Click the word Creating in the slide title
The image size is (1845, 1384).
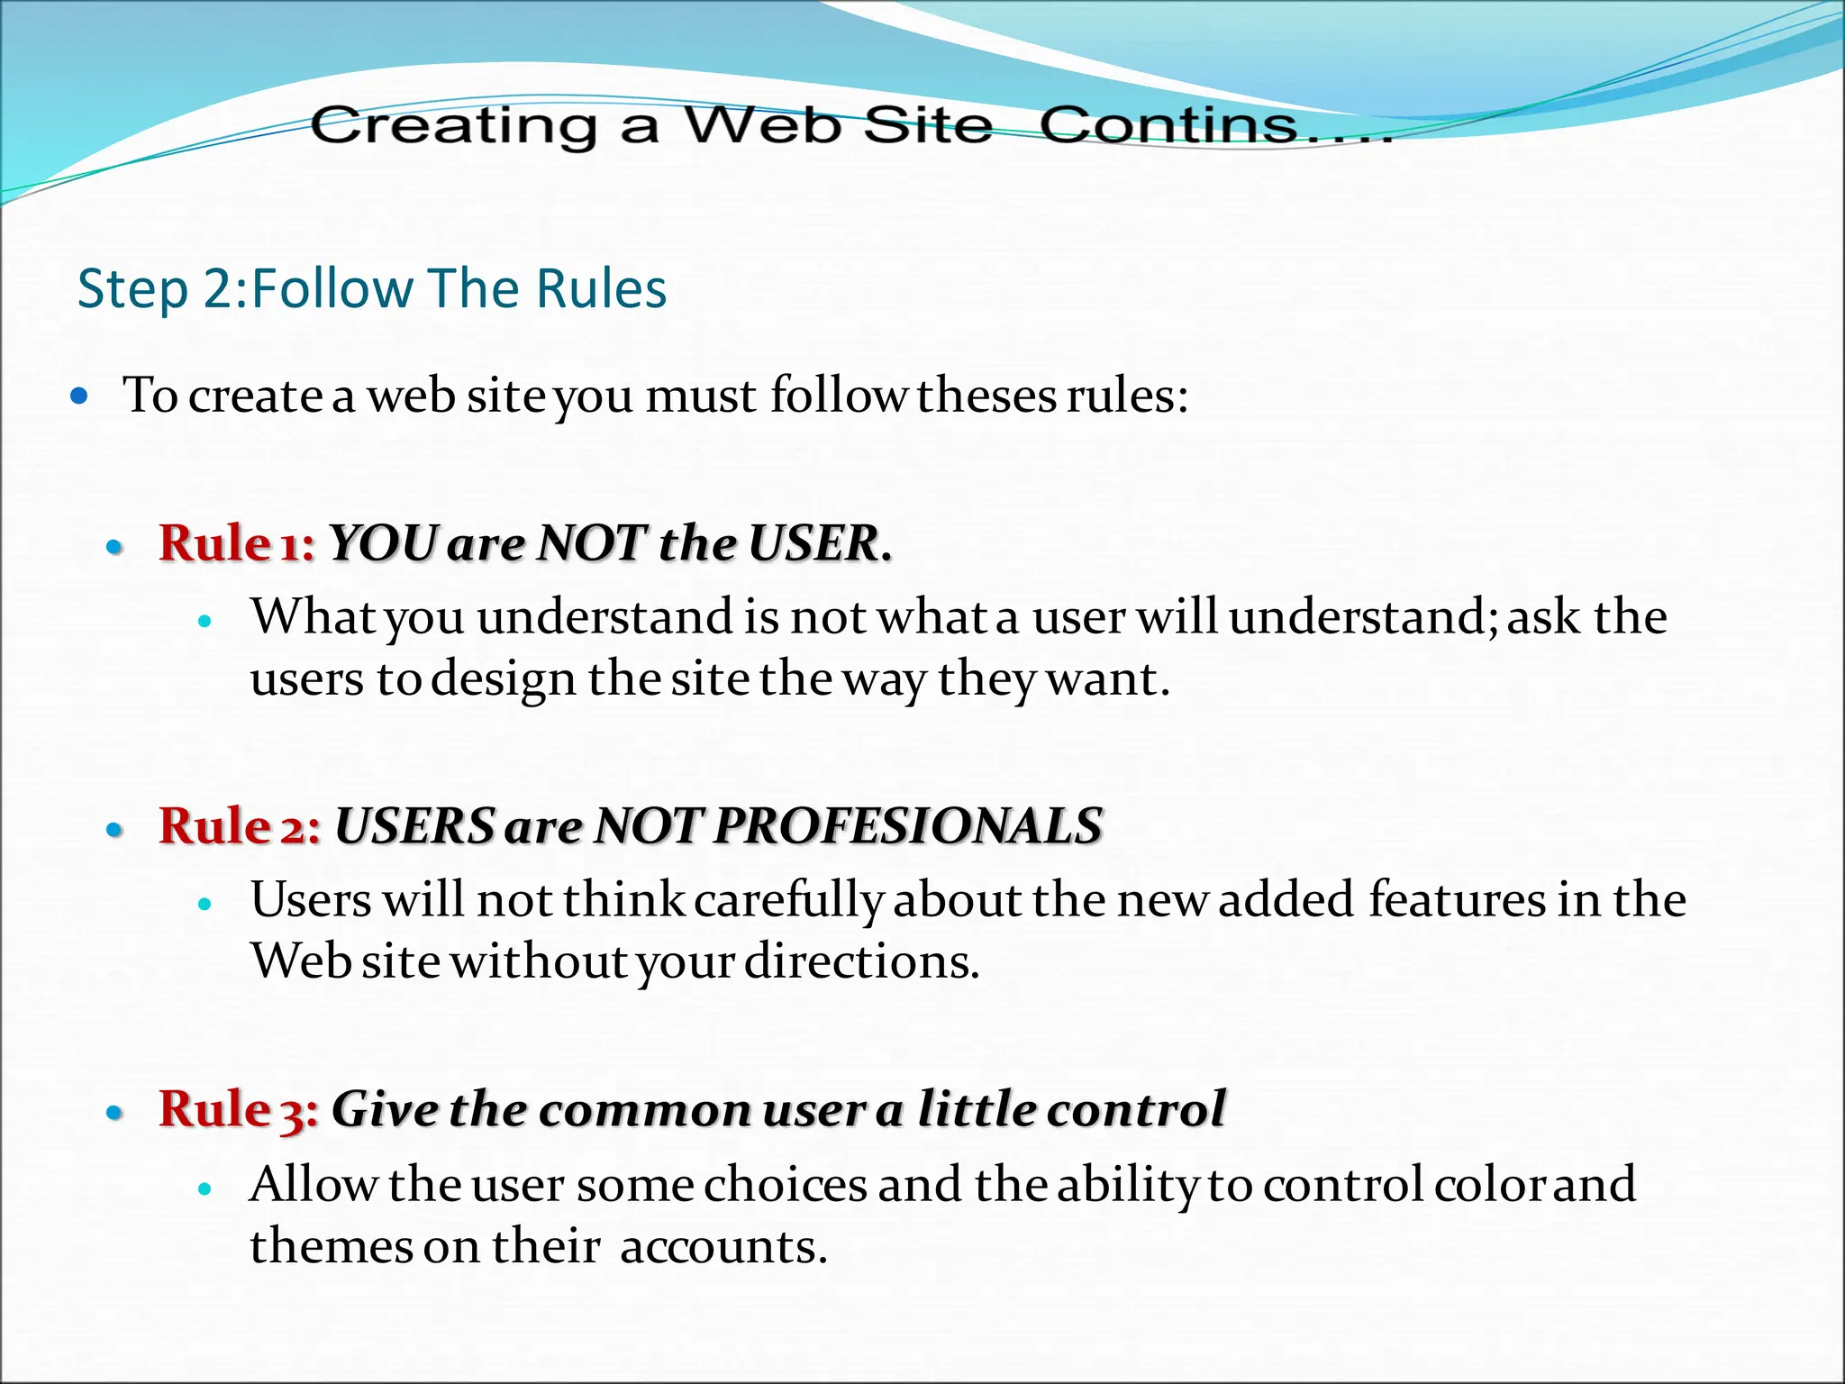(453, 125)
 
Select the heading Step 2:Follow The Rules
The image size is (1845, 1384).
(372, 288)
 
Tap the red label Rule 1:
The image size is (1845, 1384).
(237, 543)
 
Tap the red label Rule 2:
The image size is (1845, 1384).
(240, 825)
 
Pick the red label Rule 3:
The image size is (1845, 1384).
(239, 1108)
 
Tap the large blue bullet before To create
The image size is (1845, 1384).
(80, 395)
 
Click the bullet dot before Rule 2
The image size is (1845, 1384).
(114, 829)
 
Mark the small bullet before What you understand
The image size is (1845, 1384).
(204, 621)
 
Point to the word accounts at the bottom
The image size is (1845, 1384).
(723, 1247)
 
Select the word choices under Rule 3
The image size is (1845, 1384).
(786, 1184)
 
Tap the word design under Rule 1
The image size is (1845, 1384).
(503, 679)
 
